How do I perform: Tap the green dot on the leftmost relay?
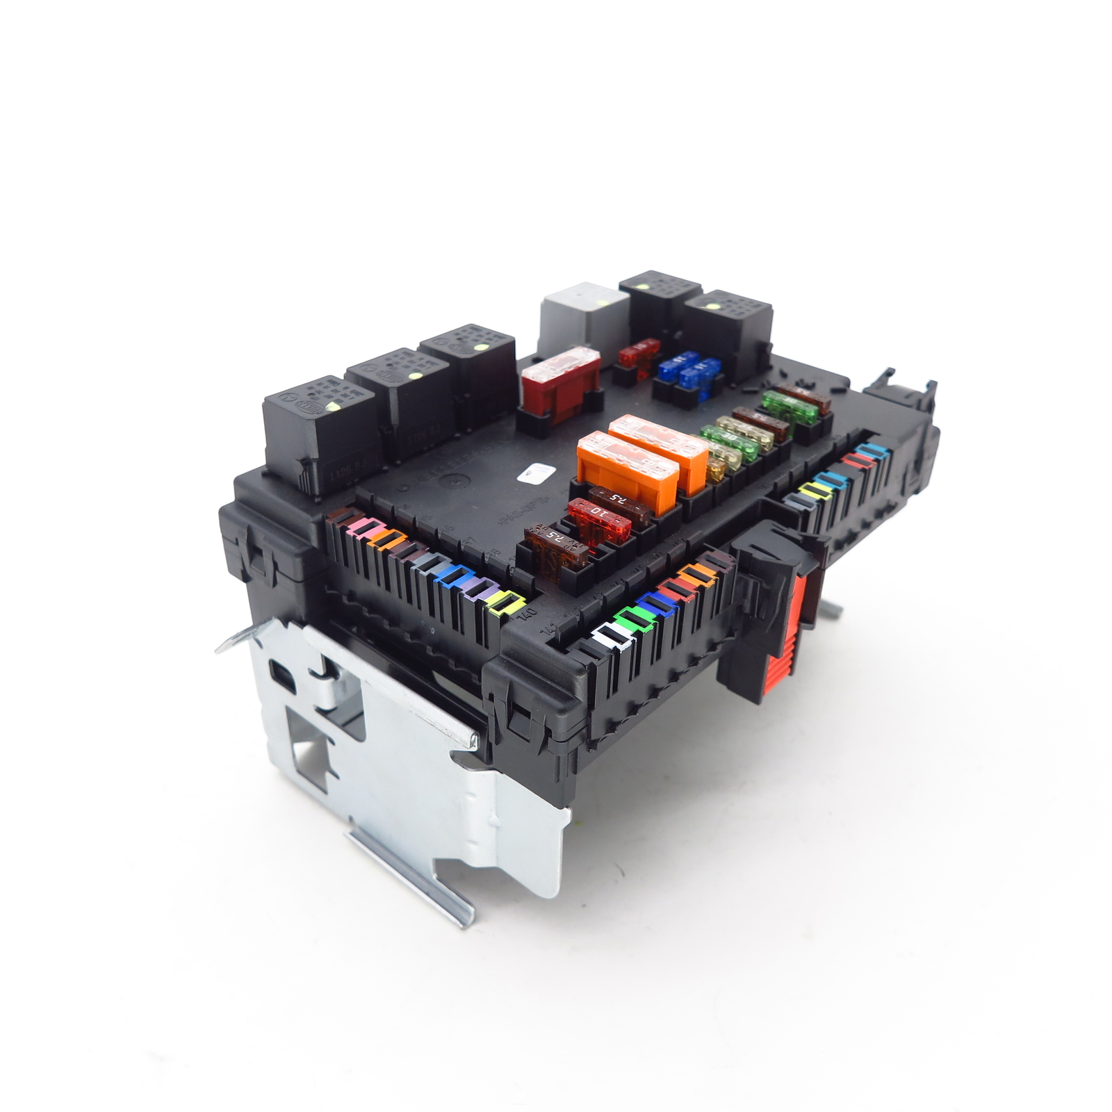(338, 406)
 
